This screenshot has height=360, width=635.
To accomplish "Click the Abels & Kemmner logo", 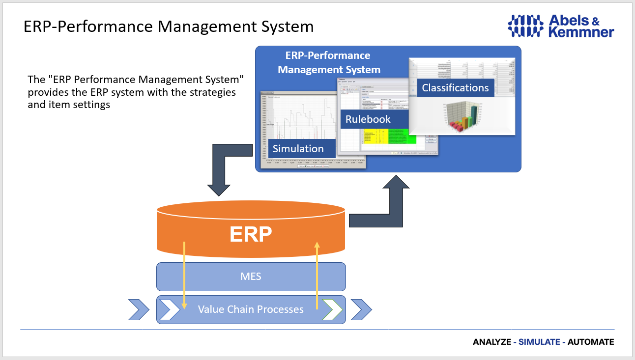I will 560,26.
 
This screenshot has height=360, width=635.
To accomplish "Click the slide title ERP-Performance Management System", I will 169,26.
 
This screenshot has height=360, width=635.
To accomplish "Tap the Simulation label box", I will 298,148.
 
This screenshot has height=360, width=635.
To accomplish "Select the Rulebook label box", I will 368,119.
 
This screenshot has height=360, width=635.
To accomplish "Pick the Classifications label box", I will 455,88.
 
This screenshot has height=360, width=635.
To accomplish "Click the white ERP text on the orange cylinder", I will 251,234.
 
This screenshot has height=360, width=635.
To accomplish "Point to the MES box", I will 251,277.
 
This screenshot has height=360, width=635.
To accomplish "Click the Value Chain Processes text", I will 251,309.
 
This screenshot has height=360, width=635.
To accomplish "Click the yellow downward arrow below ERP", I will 184,275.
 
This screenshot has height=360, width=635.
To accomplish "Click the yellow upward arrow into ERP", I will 317,275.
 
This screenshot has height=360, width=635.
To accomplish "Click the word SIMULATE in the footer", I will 539,342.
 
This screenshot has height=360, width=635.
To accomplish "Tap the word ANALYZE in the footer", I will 491,342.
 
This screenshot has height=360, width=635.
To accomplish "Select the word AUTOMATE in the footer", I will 591,342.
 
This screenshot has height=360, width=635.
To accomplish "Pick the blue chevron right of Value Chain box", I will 362,309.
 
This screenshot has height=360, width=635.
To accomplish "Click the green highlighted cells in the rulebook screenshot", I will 402,137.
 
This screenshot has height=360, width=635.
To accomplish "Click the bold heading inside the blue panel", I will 328,62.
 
